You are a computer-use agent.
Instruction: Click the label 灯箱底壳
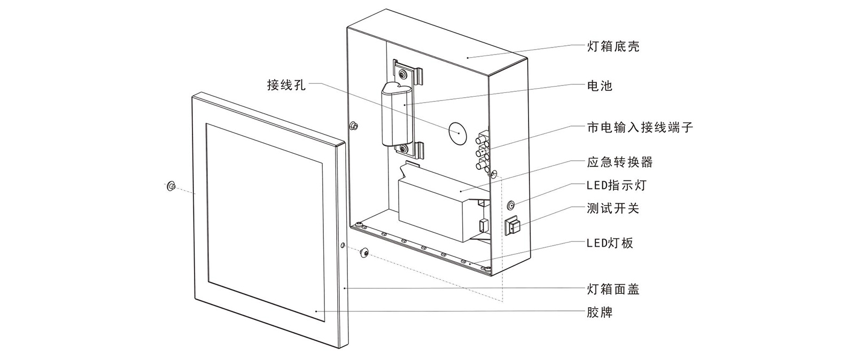612,46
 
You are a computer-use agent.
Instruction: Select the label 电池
599,85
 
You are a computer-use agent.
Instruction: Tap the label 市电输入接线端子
640,127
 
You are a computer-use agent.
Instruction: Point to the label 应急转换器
619,162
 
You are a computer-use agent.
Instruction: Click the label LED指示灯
616,185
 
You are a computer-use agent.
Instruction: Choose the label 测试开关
612,208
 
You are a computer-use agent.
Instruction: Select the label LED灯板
610,243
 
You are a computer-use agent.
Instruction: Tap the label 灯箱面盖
612,289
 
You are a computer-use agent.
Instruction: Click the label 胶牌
599,312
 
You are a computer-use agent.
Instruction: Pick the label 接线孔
286,84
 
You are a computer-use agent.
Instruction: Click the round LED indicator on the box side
511,205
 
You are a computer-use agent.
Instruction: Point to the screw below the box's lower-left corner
365,252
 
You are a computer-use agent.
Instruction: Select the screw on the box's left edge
354,126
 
